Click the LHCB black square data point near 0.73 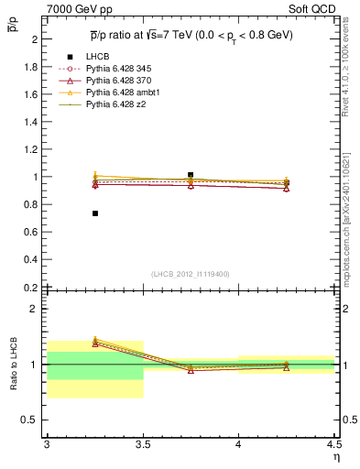pos(94,213)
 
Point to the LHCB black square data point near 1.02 pos(191,174)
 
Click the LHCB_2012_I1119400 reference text pos(191,274)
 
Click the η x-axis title pos(335,455)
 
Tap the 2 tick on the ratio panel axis pos(37,309)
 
